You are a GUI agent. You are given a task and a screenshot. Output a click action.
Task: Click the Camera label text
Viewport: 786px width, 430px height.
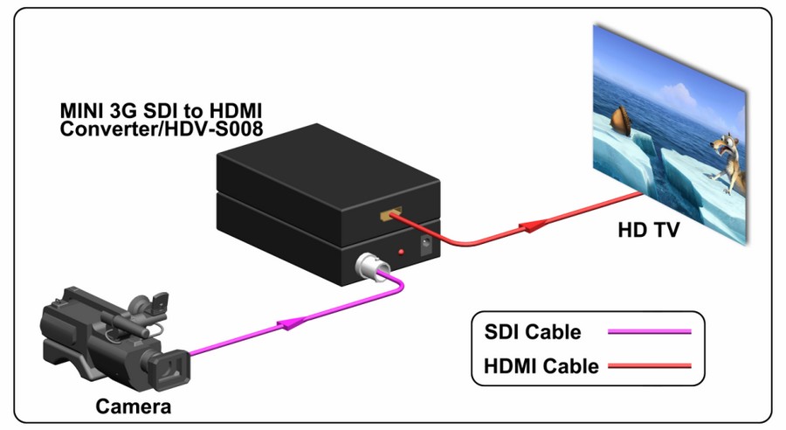pos(134,406)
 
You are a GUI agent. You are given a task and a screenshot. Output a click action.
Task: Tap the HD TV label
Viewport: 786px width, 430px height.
pos(649,230)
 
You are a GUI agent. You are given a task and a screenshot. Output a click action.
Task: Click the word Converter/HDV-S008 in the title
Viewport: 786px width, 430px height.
pos(162,129)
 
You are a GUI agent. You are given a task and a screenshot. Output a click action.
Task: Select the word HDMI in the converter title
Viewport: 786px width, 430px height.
pos(236,110)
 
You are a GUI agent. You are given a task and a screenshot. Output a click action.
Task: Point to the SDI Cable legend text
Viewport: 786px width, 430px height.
pos(533,331)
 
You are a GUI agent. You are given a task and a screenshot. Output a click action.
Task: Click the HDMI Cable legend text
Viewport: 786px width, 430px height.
pos(541,366)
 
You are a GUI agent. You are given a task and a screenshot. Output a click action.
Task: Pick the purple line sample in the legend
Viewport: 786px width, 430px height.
pos(650,331)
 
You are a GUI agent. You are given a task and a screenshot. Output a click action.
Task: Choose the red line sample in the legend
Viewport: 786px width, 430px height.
pos(650,366)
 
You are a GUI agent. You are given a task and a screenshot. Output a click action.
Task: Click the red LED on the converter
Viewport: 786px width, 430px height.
pos(401,252)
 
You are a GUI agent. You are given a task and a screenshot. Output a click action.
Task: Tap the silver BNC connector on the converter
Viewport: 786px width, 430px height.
pos(368,266)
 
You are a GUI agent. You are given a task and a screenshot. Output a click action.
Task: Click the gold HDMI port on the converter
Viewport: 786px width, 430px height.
pos(390,214)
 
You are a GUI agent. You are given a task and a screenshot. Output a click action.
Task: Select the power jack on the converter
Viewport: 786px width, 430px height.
pos(426,245)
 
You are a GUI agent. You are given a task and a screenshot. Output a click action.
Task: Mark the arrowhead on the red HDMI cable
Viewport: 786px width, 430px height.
pos(533,226)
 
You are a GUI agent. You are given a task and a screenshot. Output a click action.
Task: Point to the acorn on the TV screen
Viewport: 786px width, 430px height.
pos(622,121)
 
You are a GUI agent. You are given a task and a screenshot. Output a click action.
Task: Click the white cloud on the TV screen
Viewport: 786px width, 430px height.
pos(677,98)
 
